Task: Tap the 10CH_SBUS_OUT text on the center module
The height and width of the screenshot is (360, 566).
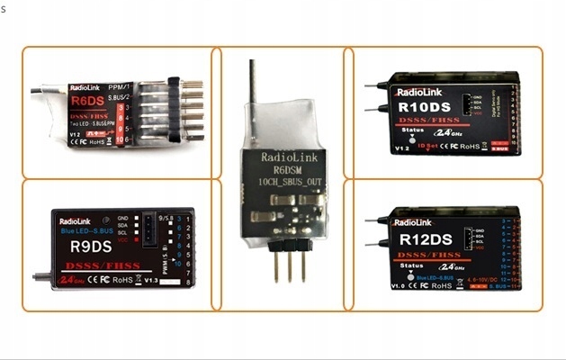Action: [283, 181]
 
